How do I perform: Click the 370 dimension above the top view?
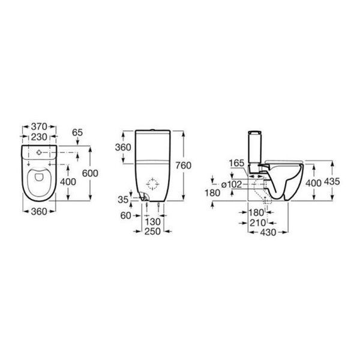39,127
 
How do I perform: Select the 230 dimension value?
39,137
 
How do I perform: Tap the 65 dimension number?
77,133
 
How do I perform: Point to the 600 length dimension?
90,173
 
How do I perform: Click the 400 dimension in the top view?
68,182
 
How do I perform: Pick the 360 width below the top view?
39,212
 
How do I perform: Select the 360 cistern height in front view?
123,147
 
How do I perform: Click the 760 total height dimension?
184,166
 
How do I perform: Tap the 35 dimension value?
123,200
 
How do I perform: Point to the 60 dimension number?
126,215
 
